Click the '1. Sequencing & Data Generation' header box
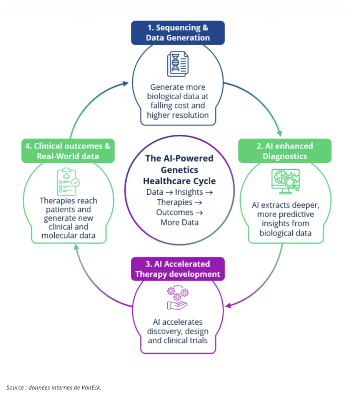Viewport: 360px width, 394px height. (178, 33)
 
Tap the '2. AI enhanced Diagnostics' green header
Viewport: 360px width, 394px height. (285, 151)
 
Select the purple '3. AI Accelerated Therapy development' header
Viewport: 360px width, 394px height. (178, 269)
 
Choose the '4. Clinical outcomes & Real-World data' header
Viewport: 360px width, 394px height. (68, 151)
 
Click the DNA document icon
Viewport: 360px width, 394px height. (178, 64)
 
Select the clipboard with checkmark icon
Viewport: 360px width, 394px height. (68, 182)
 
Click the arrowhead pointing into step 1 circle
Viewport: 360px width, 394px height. (125, 83)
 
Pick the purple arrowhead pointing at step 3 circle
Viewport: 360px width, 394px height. (228, 306)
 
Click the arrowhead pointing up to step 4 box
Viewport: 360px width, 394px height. (77, 247)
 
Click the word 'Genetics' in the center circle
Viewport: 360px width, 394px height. (179, 170)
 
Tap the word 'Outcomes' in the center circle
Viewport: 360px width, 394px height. (175, 212)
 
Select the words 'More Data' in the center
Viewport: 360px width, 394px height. (179, 222)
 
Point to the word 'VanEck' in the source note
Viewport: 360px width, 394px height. (90, 387)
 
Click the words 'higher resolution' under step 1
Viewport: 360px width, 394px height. (178, 115)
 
